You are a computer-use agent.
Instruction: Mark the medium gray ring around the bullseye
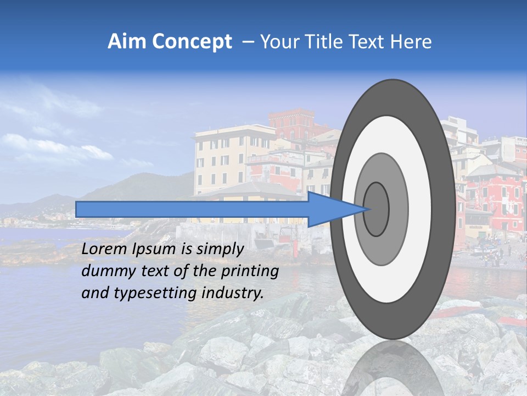click(398, 209)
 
